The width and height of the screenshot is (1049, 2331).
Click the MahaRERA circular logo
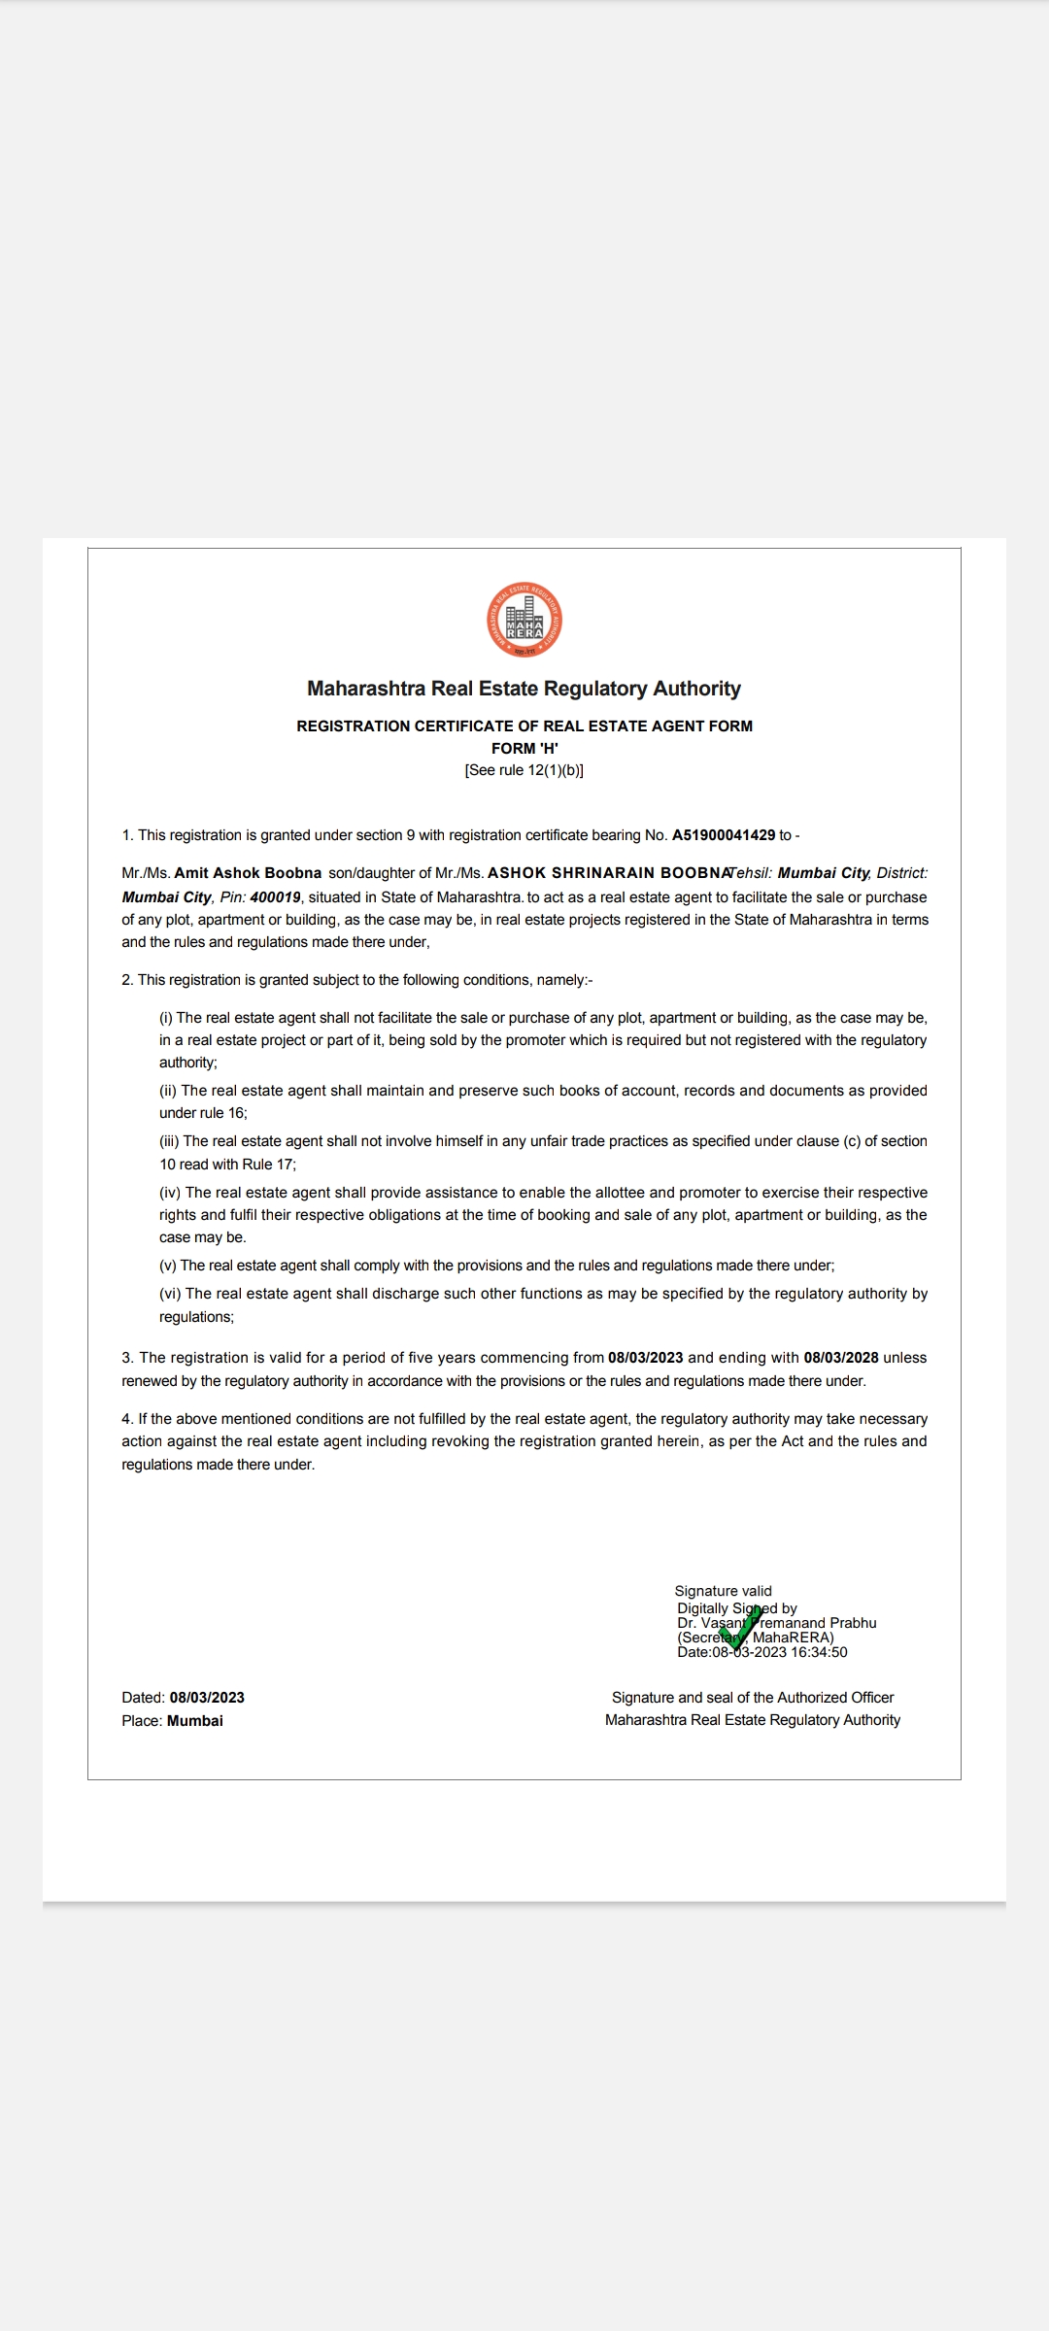pyautogui.click(x=524, y=620)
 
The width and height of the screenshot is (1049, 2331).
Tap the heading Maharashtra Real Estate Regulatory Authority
pyautogui.click(x=524, y=689)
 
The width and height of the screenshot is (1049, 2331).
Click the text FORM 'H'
pyautogui.click(x=524, y=748)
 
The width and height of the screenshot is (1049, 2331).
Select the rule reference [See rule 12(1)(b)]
pyautogui.click(x=524, y=770)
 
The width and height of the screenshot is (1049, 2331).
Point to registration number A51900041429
pyautogui.click(x=724, y=835)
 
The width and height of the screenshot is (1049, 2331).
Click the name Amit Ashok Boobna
pyautogui.click(x=248, y=873)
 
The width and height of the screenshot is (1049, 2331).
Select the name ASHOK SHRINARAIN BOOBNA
pyautogui.click(x=608, y=873)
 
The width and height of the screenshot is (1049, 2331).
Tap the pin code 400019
pyautogui.click(x=275, y=897)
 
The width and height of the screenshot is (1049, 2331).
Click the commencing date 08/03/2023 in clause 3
pyautogui.click(x=645, y=1358)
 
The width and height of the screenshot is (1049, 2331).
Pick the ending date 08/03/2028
pyautogui.click(x=841, y=1358)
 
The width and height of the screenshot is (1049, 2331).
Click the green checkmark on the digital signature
pyautogui.click(x=740, y=1628)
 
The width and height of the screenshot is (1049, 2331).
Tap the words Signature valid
pyautogui.click(x=723, y=1591)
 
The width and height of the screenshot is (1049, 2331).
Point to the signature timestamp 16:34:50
pyautogui.click(x=819, y=1652)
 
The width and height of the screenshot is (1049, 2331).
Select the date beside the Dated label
pyautogui.click(x=207, y=1698)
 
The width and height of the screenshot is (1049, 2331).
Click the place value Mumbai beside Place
pyautogui.click(x=195, y=1721)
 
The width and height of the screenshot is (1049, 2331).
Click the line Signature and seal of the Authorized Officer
pyautogui.click(x=753, y=1698)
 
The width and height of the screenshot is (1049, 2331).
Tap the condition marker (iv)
pyautogui.click(x=170, y=1193)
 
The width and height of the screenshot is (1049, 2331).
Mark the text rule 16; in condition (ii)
pyautogui.click(x=223, y=1113)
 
